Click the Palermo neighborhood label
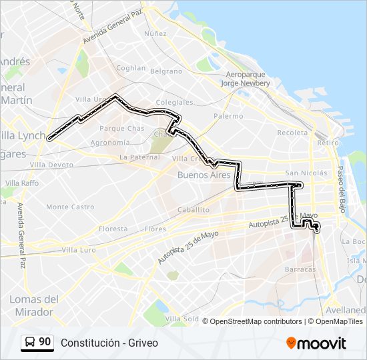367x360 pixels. (228, 116)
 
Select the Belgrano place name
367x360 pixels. (166, 71)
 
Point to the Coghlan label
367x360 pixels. (131, 68)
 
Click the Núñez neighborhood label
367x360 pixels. (155, 33)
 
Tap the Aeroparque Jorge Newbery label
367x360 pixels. (248, 79)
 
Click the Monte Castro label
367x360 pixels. (70, 207)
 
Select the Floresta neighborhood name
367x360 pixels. (113, 229)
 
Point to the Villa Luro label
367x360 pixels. (79, 250)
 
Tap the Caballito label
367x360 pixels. (194, 209)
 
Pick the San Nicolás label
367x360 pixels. (306, 173)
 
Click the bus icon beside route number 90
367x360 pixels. (29, 343)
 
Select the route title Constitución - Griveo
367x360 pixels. (109, 343)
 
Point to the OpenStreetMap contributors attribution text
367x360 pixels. (256, 321)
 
